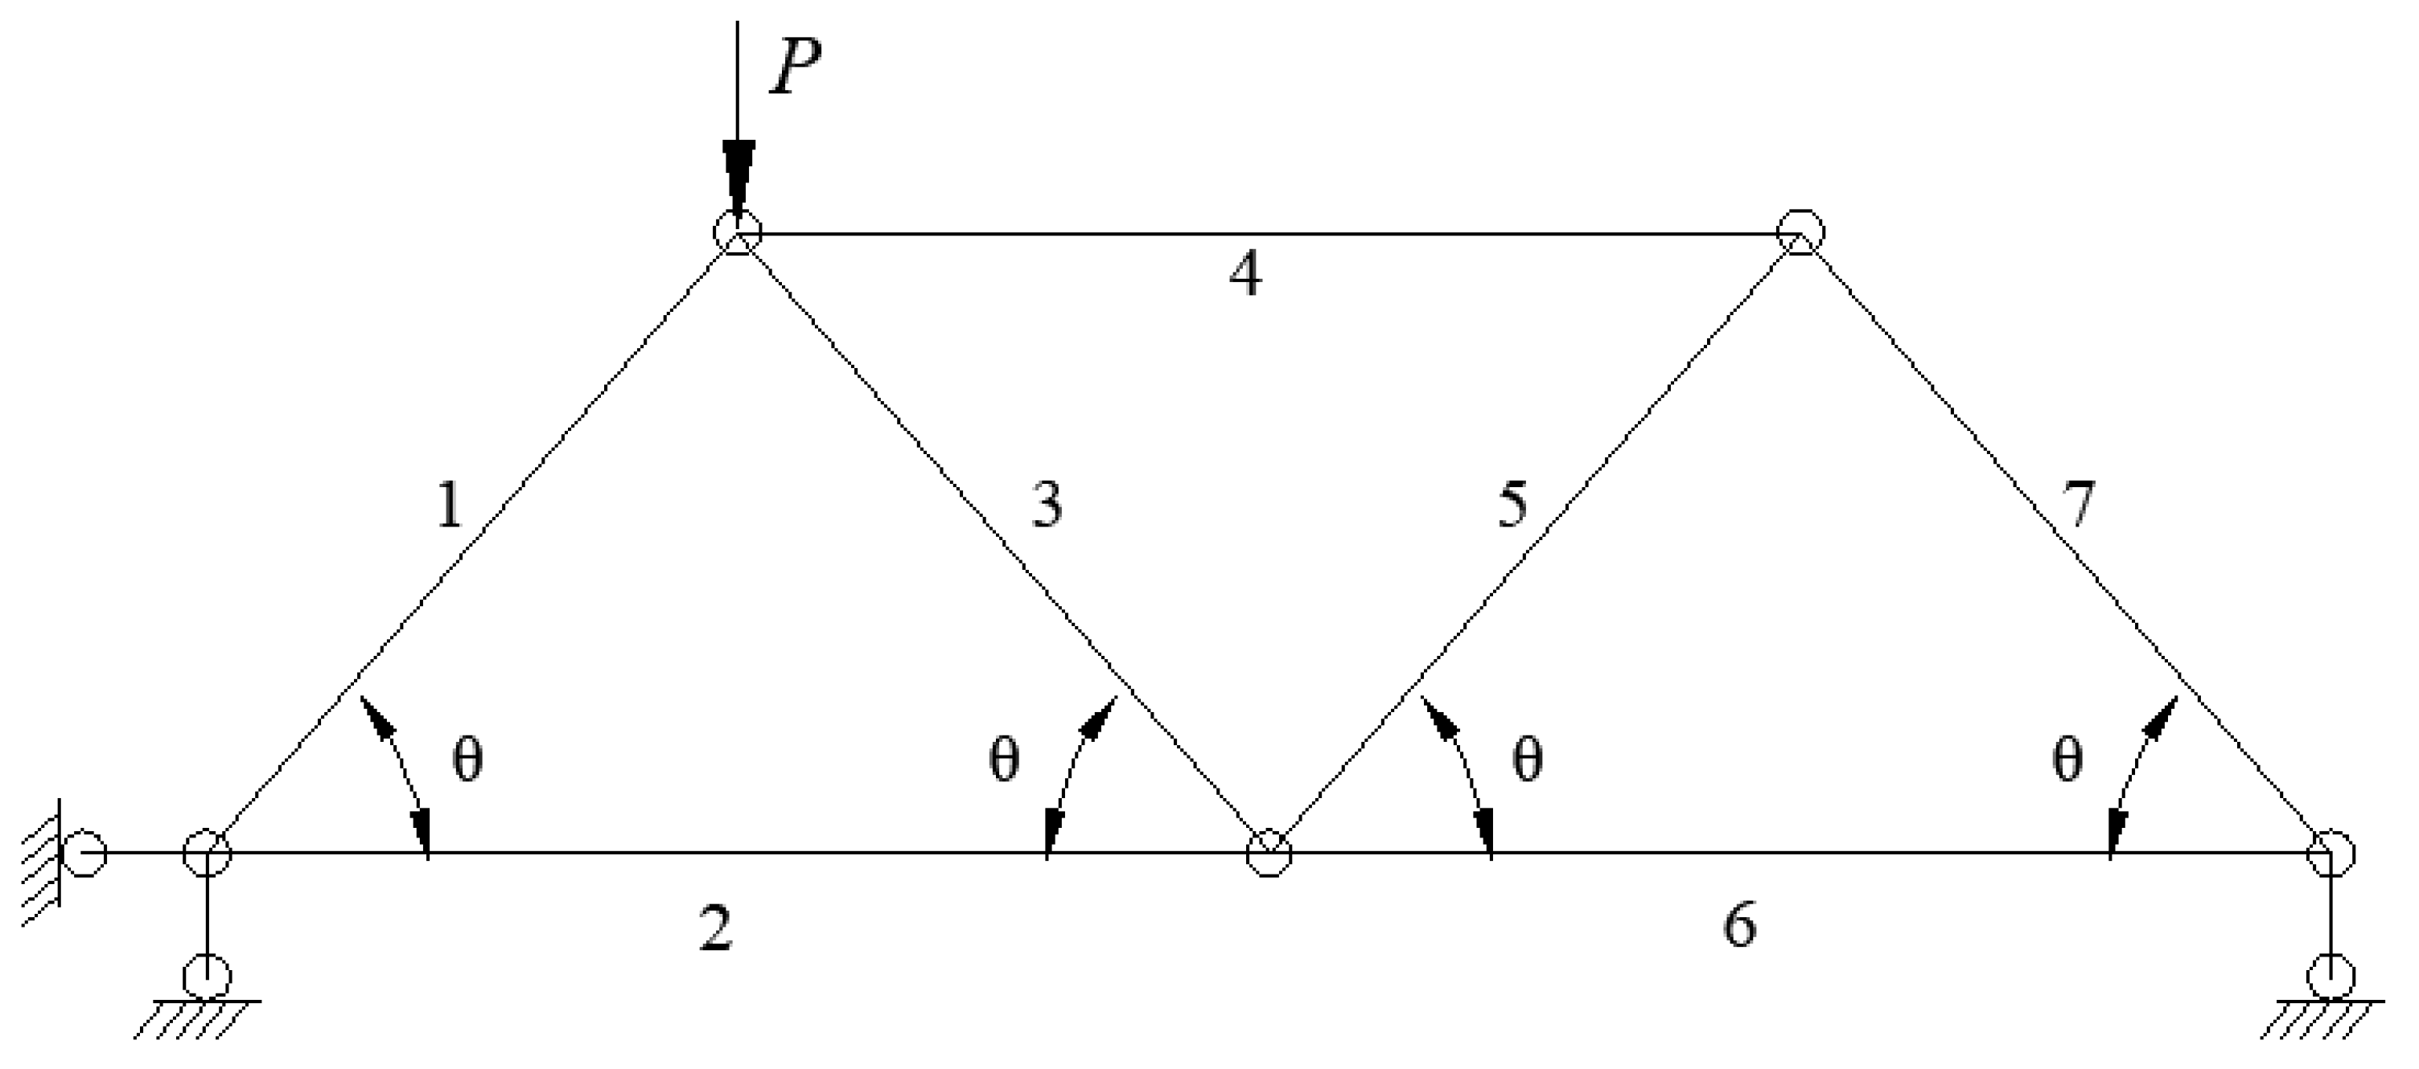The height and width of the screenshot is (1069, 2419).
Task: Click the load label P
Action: [795, 68]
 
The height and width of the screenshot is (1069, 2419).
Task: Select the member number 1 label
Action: [450, 506]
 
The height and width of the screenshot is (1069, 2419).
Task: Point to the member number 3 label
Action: [1046, 504]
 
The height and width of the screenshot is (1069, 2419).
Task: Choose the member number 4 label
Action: [1245, 275]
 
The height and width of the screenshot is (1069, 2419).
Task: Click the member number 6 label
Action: [1739, 924]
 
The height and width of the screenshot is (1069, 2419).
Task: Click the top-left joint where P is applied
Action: [738, 231]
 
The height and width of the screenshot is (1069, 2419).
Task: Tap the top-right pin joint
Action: [1800, 231]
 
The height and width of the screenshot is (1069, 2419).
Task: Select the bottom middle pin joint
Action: [1269, 853]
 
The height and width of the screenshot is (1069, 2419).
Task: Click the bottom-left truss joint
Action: [207, 853]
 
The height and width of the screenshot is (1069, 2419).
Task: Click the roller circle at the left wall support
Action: [84, 853]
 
